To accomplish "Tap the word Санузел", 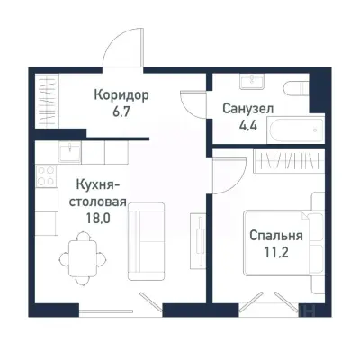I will pos(247,108).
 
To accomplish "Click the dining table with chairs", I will pos(79,249).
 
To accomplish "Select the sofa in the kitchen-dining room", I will pos(144,241).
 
